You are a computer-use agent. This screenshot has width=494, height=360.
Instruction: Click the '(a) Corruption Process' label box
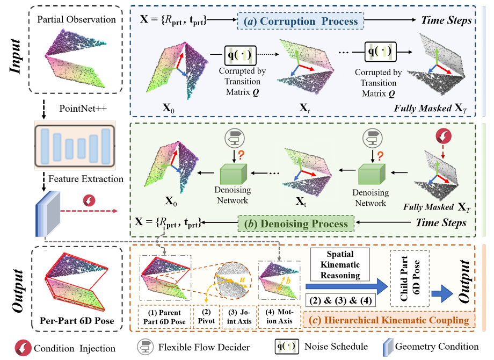click(301, 21)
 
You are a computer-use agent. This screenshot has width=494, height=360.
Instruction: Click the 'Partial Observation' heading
click(77, 20)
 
